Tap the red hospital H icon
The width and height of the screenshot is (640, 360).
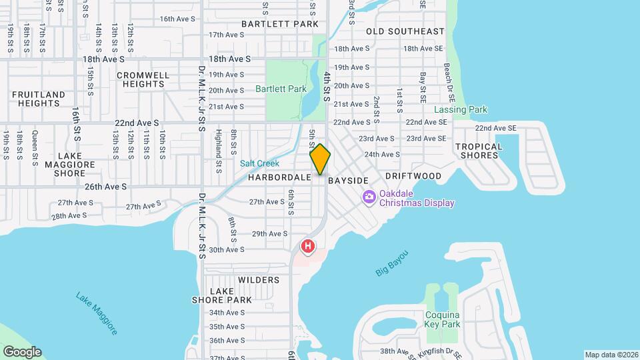307,247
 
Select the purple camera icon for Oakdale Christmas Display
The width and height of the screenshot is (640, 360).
369,197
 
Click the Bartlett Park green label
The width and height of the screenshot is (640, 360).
281,89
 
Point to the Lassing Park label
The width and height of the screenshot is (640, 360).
461,109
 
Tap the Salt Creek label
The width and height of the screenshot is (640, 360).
260,163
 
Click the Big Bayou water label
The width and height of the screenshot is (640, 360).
391,264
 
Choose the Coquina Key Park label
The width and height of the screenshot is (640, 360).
443,320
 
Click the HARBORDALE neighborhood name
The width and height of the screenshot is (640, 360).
280,178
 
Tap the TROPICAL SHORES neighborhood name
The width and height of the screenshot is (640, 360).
479,151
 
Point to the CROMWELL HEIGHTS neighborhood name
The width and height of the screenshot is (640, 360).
143,79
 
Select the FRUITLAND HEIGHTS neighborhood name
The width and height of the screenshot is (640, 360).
39,99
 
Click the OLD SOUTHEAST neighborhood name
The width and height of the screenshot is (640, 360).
405,31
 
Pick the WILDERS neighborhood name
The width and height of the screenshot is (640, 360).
258,280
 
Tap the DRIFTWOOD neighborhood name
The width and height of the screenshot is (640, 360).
413,176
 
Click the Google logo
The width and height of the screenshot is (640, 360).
22,352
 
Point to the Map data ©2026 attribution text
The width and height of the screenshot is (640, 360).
611,355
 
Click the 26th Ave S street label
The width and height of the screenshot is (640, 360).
106,187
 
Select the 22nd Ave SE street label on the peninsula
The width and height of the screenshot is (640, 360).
496,128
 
